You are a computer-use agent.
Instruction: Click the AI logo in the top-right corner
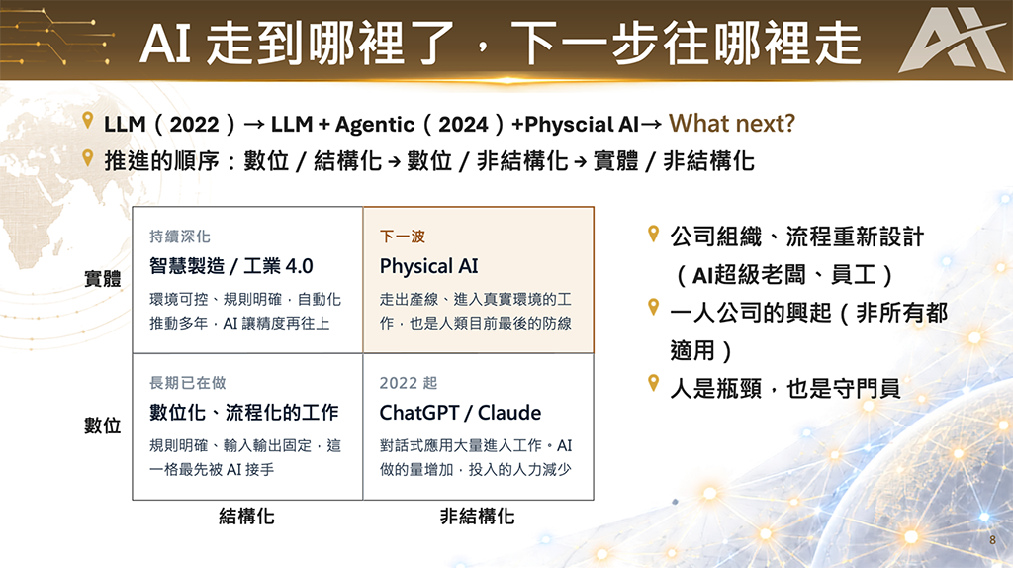(x=954, y=41)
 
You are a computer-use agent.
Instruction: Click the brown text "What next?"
(x=731, y=123)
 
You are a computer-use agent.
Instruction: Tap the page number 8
(x=992, y=540)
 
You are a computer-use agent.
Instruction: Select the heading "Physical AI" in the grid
(x=428, y=266)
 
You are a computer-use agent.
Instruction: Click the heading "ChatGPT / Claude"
(x=460, y=413)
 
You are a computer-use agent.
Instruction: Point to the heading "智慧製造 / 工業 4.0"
(x=230, y=265)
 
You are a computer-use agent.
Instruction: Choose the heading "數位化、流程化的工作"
(x=243, y=413)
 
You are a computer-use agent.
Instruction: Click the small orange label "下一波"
(x=402, y=237)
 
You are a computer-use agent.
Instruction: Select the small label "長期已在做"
(x=187, y=383)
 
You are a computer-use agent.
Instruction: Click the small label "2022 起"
(x=409, y=383)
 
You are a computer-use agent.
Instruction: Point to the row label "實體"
(x=103, y=279)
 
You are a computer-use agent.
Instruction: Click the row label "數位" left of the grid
(x=103, y=426)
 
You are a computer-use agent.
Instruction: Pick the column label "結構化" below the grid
(x=246, y=517)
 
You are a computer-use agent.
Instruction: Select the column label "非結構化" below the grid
(x=477, y=517)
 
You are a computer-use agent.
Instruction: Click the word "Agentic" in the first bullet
(x=375, y=124)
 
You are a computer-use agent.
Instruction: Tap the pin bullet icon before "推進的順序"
(x=88, y=157)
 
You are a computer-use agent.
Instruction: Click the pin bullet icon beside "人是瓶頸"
(x=653, y=383)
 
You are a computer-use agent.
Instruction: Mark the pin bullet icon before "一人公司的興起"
(x=653, y=308)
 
